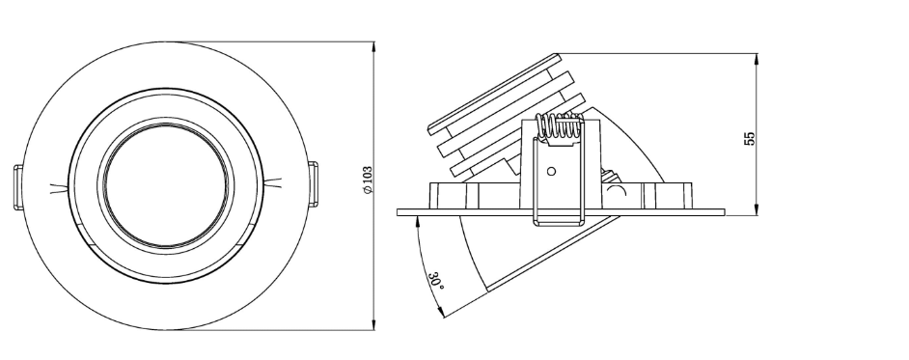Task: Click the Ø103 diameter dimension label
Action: (368, 180)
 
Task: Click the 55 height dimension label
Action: (750, 136)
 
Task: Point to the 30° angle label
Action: (437, 281)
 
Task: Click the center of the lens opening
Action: (167, 182)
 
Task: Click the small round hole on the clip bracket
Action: (551, 172)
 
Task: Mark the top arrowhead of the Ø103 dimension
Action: (373, 45)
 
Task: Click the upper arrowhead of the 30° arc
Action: (417, 221)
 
